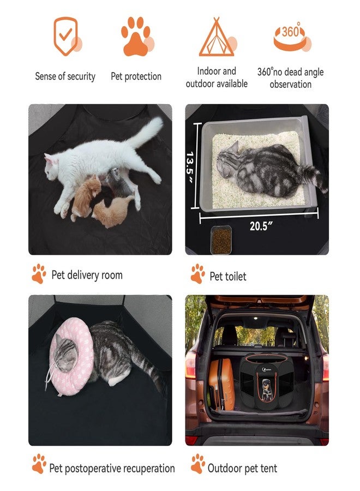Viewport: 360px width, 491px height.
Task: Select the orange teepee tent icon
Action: pos(217,37)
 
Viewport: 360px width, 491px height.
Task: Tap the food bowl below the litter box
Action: pos(221,239)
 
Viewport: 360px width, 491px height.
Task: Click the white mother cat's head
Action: pos(52,166)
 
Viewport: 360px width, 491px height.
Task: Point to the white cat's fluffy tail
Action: pos(146,132)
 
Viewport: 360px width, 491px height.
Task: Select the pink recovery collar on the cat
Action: pos(72,356)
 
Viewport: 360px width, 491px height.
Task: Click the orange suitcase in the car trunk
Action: pos(220,384)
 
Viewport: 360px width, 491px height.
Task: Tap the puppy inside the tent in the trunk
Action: pos(266,390)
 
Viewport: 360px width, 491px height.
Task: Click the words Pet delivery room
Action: pos(87,275)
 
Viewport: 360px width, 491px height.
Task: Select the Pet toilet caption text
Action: pos(228,277)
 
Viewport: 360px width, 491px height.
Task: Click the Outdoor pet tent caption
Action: pos(242,469)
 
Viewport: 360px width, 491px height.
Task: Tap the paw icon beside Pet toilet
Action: pos(197,274)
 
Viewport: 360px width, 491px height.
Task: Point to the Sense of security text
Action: pos(65,76)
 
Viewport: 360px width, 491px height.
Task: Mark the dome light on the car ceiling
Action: pos(256,318)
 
